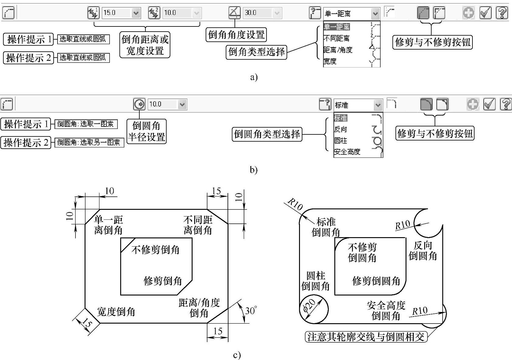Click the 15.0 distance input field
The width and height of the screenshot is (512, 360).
point(121,13)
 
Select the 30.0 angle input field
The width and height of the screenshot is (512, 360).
point(262,13)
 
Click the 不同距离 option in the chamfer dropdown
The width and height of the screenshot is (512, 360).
point(336,38)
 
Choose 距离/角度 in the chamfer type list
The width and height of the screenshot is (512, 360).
point(338,50)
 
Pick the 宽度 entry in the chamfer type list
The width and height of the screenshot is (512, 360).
point(330,61)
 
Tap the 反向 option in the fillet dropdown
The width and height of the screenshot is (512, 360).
point(340,129)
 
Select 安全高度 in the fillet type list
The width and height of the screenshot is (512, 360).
point(347,152)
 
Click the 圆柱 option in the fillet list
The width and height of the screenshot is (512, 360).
point(340,140)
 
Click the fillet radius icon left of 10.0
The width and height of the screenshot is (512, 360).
point(139,104)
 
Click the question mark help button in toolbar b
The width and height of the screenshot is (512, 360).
point(506,104)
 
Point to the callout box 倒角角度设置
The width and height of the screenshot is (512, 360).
point(236,35)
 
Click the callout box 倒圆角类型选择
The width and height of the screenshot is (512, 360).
point(267,134)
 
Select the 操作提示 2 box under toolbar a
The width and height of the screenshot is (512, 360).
point(28,58)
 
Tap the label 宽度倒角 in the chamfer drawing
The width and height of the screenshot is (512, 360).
point(116,312)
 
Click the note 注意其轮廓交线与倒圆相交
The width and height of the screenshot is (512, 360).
point(366,337)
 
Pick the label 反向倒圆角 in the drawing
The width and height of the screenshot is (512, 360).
point(423,251)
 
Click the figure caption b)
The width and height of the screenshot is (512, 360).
point(253,170)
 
